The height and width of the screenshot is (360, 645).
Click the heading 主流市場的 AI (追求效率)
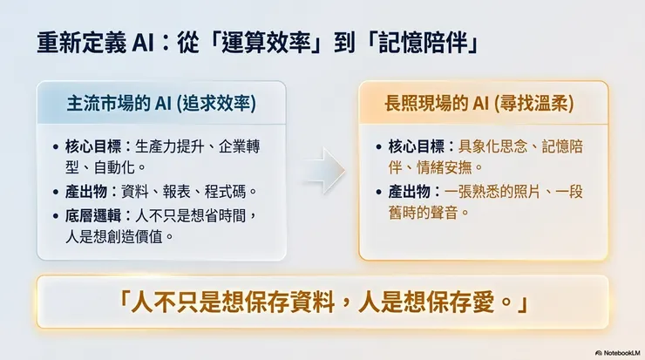[x=161, y=103]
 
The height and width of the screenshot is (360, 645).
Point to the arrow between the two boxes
[x=322, y=169]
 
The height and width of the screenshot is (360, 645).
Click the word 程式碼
[x=233, y=191]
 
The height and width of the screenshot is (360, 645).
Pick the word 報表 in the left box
[x=186, y=191]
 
